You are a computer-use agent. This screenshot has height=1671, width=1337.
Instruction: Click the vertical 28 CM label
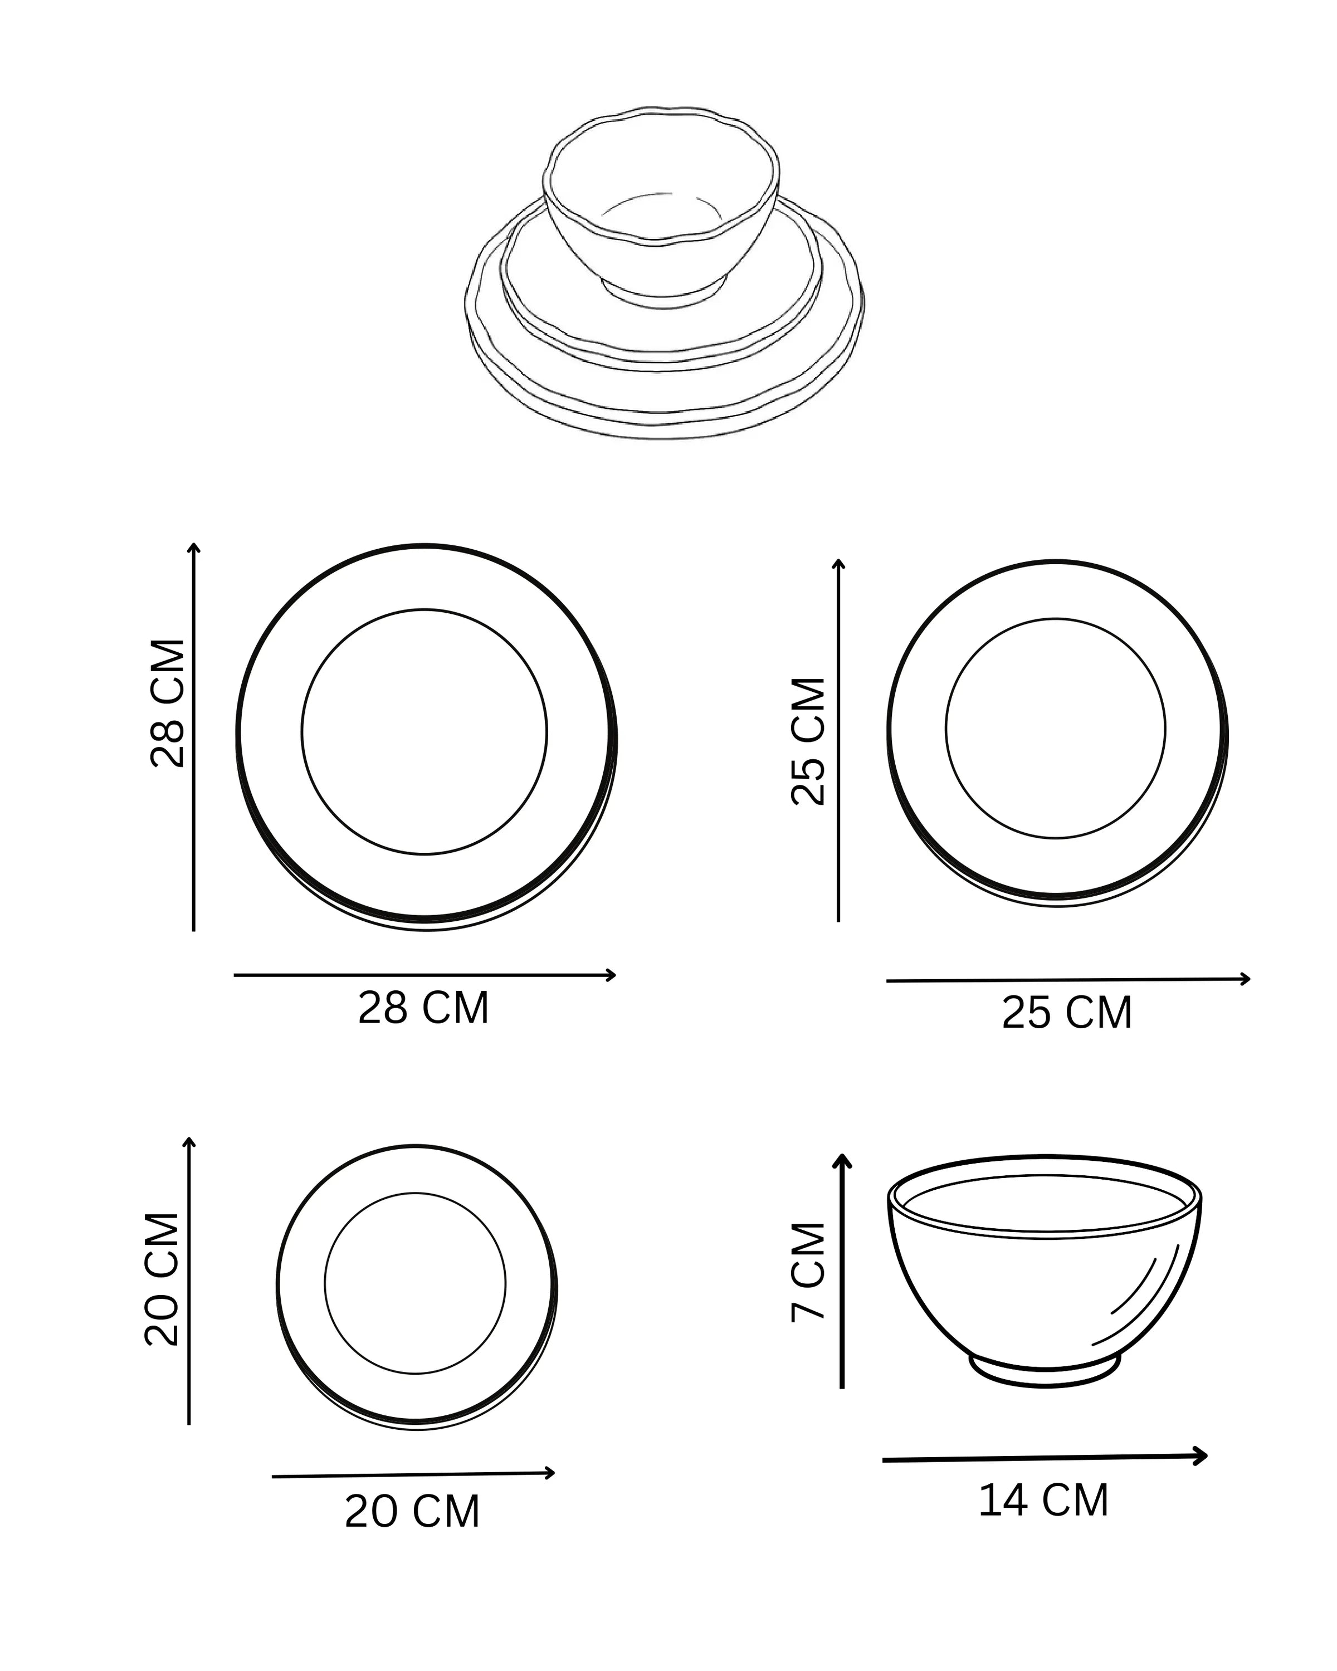coord(168,703)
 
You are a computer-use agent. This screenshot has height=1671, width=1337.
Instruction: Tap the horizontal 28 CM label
coord(423,1008)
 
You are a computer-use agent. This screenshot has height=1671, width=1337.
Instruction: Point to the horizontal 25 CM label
coord(1066,1013)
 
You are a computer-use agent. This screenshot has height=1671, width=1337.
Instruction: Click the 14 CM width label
coord(1043,1501)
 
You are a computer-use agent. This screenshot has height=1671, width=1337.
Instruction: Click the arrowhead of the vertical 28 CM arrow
coord(194,548)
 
